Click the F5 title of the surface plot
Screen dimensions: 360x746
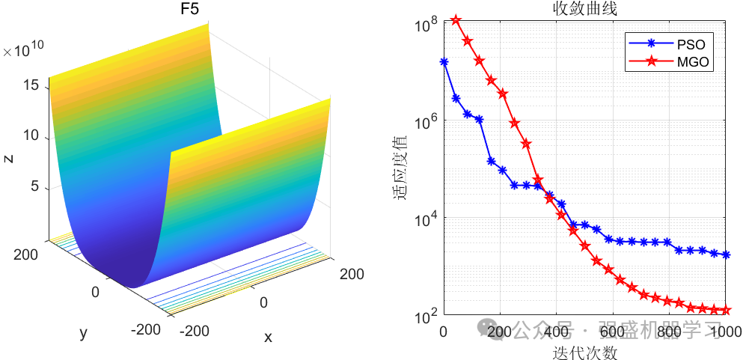[x=190, y=10]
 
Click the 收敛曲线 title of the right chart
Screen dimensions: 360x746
[x=584, y=9]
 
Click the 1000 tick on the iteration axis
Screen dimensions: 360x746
[x=725, y=332]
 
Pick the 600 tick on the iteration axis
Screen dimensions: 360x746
[x=613, y=332]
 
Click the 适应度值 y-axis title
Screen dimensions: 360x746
[x=400, y=168]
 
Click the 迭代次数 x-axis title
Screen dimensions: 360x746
[x=584, y=350]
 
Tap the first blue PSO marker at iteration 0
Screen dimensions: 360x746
[x=444, y=62]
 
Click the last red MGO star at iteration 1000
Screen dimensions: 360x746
[x=726, y=310]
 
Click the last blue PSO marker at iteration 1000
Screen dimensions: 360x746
[x=726, y=255]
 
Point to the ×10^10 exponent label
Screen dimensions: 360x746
[x=23, y=50]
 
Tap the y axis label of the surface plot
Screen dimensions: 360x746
[x=83, y=332]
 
